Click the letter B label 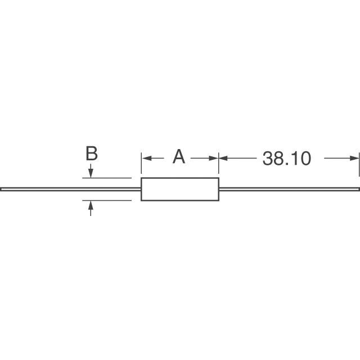point(92,154)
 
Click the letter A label point(179,156)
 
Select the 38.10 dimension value point(287,158)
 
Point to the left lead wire point(70,189)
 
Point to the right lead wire point(290,189)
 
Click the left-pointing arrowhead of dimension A point(147,158)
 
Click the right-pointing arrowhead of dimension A point(214,158)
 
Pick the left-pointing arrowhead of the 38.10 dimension point(223,158)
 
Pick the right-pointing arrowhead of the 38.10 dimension point(354,158)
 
